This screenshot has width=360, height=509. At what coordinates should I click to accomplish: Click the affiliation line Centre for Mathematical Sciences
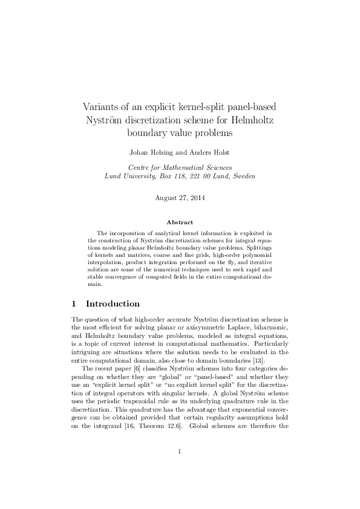[180, 167]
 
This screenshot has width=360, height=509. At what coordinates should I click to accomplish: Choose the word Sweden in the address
[243, 177]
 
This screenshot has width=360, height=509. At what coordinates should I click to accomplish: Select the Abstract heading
[180, 222]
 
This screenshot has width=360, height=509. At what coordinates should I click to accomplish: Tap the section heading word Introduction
[113, 303]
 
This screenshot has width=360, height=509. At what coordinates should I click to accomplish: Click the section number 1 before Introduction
[74, 303]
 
